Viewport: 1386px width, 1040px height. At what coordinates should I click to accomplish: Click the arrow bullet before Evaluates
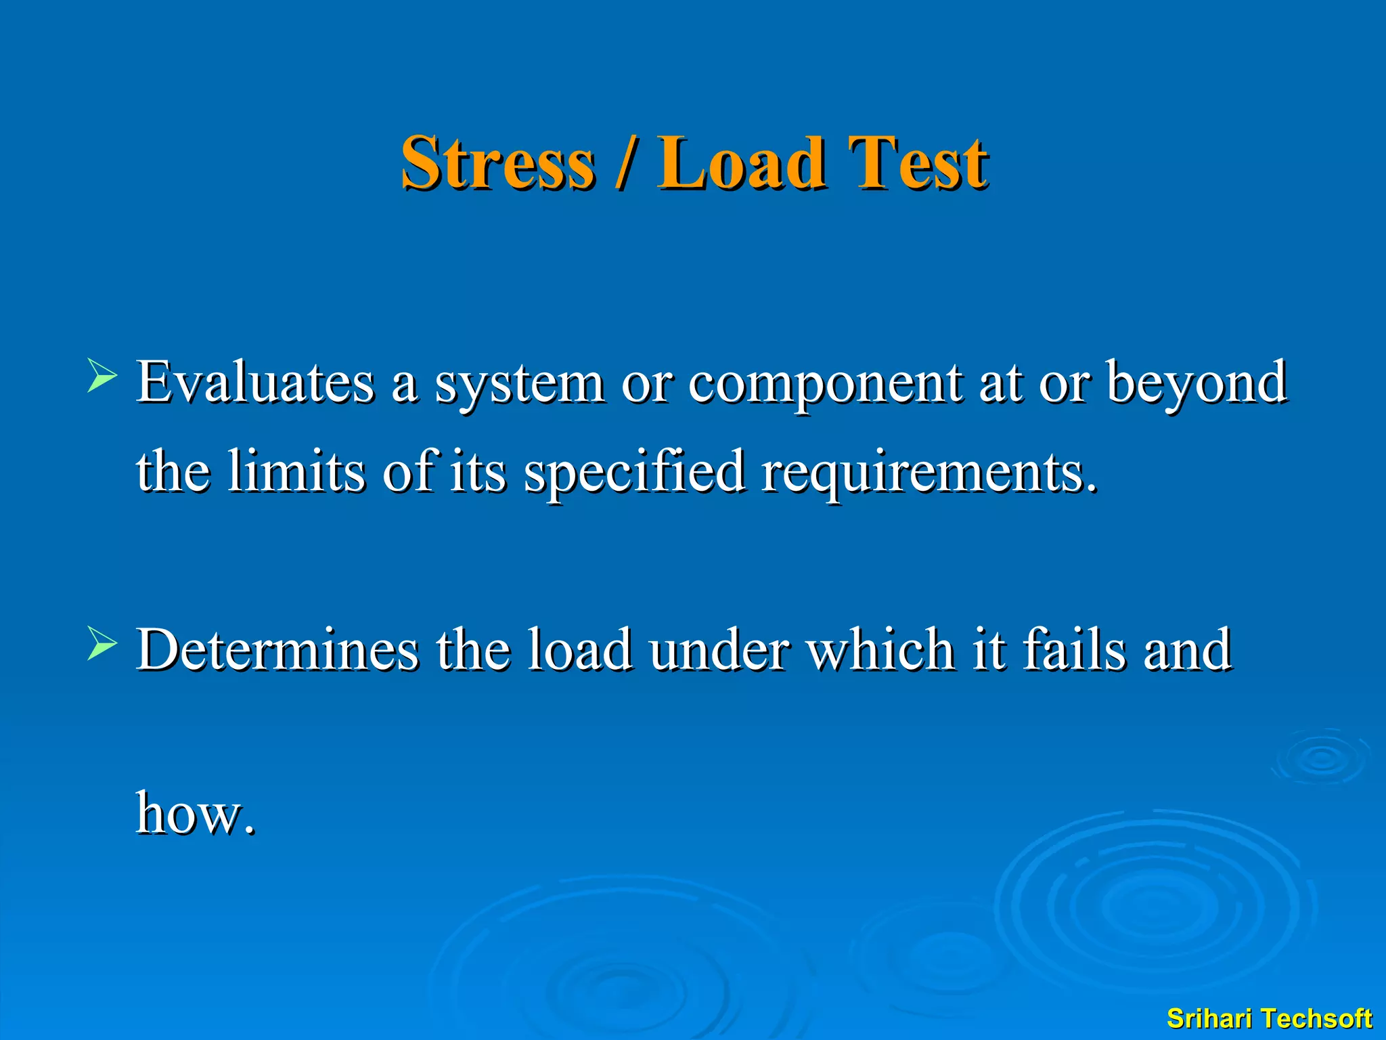[x=102, y=376]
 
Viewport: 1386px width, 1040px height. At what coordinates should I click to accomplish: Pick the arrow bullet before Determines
[x=102, y=644]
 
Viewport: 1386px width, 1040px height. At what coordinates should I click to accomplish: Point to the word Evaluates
[x=255, y=383]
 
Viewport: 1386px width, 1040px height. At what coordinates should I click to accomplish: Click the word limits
[x=296, y=471]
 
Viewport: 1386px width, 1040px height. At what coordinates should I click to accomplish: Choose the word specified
[x=635, y=473]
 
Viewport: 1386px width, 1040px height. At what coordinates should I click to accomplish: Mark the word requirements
[x=929, y=473]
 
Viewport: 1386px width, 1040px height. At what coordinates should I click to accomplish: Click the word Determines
[x=277, y=650]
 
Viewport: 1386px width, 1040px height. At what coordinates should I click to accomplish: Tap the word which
[x=881, y=650]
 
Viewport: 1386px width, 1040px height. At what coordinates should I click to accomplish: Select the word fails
[x=1075, y=650]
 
